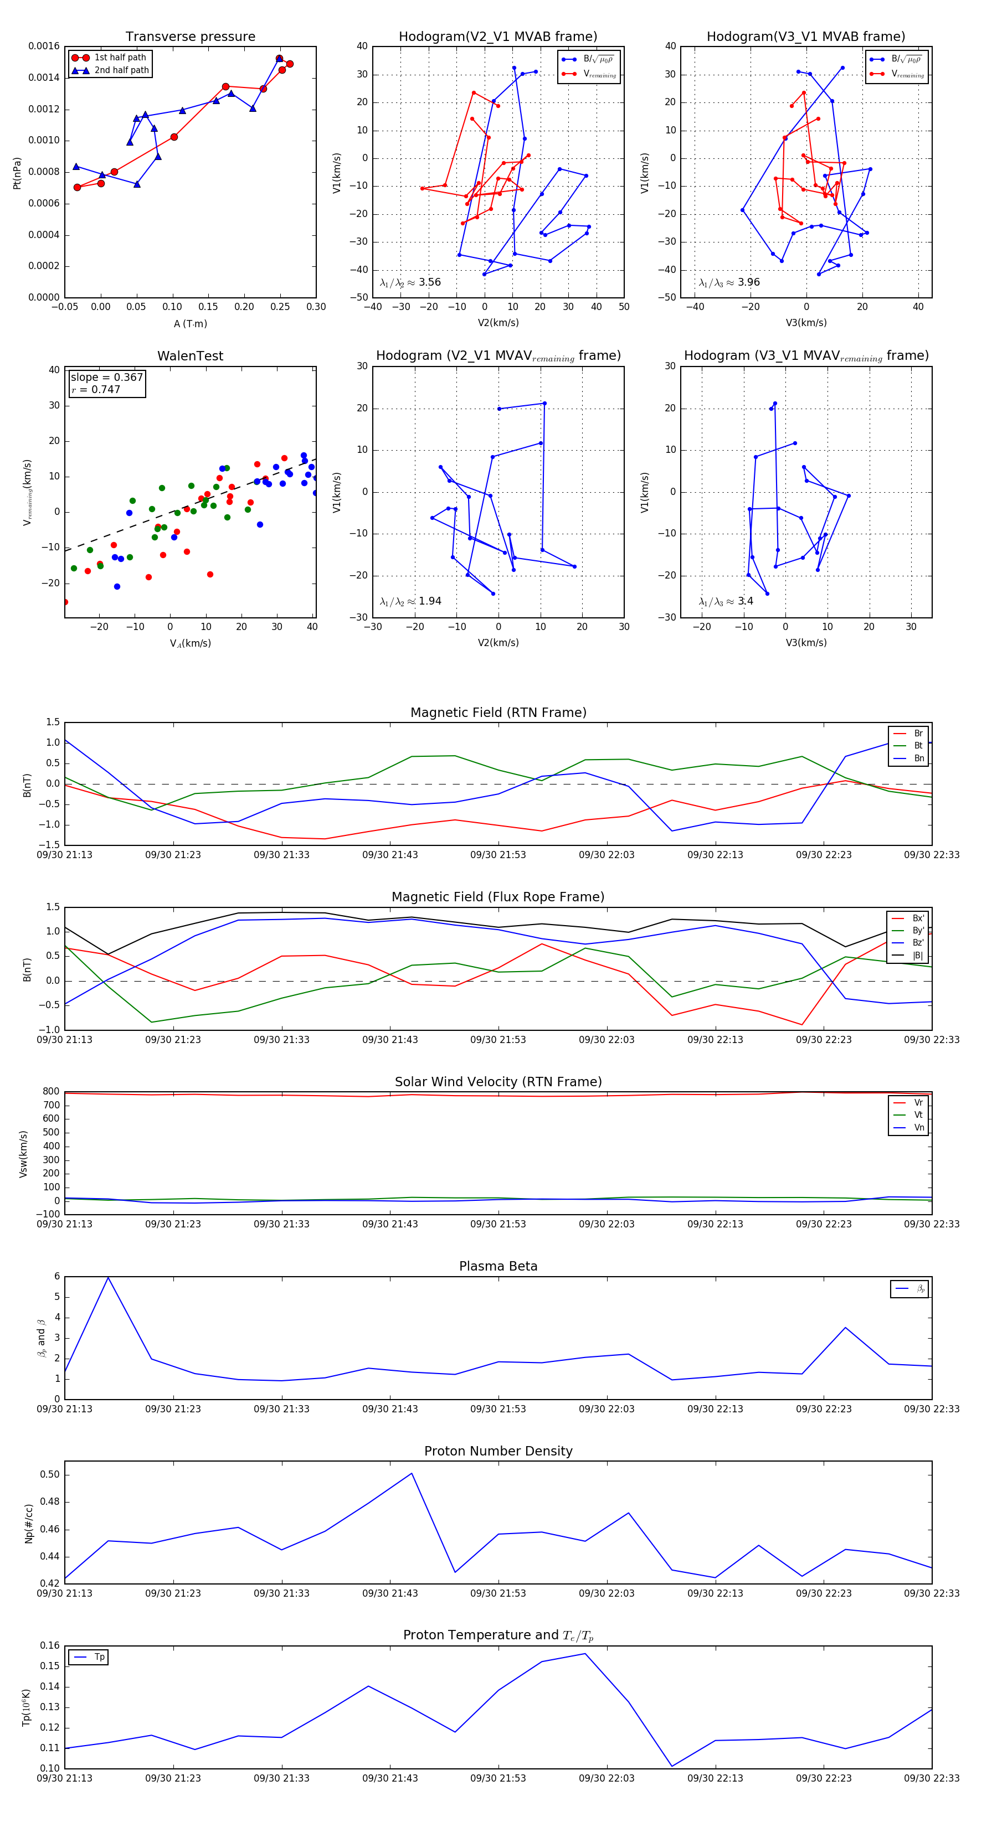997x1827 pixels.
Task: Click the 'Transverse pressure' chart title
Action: (x=190, y=37)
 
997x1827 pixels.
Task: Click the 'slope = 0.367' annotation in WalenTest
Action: (x=106, y=378)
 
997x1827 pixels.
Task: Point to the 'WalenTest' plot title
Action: (x=190, y=356)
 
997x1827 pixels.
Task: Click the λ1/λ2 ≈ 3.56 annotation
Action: (x=410, y=282)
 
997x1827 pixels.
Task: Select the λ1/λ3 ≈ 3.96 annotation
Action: (x=729, y=282)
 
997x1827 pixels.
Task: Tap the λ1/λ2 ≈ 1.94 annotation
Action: (x=410, y=601)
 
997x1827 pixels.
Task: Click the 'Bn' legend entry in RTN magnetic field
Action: (x=918, y=758)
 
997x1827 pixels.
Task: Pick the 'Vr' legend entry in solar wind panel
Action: (x=918, y=1103)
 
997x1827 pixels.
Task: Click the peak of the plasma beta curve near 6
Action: (x=108, y=1277)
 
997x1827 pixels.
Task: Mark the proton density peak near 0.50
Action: (x=412, y=1474)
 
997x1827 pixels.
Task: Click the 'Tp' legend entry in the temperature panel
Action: (x=99, y=1658)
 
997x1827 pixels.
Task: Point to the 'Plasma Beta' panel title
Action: (x=498, y=1267)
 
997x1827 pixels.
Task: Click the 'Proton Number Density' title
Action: (x=498, y=1451)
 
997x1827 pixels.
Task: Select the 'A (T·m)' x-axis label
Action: (x=190, y=324)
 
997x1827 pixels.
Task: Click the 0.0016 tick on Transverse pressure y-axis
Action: (x=44, y=47)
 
